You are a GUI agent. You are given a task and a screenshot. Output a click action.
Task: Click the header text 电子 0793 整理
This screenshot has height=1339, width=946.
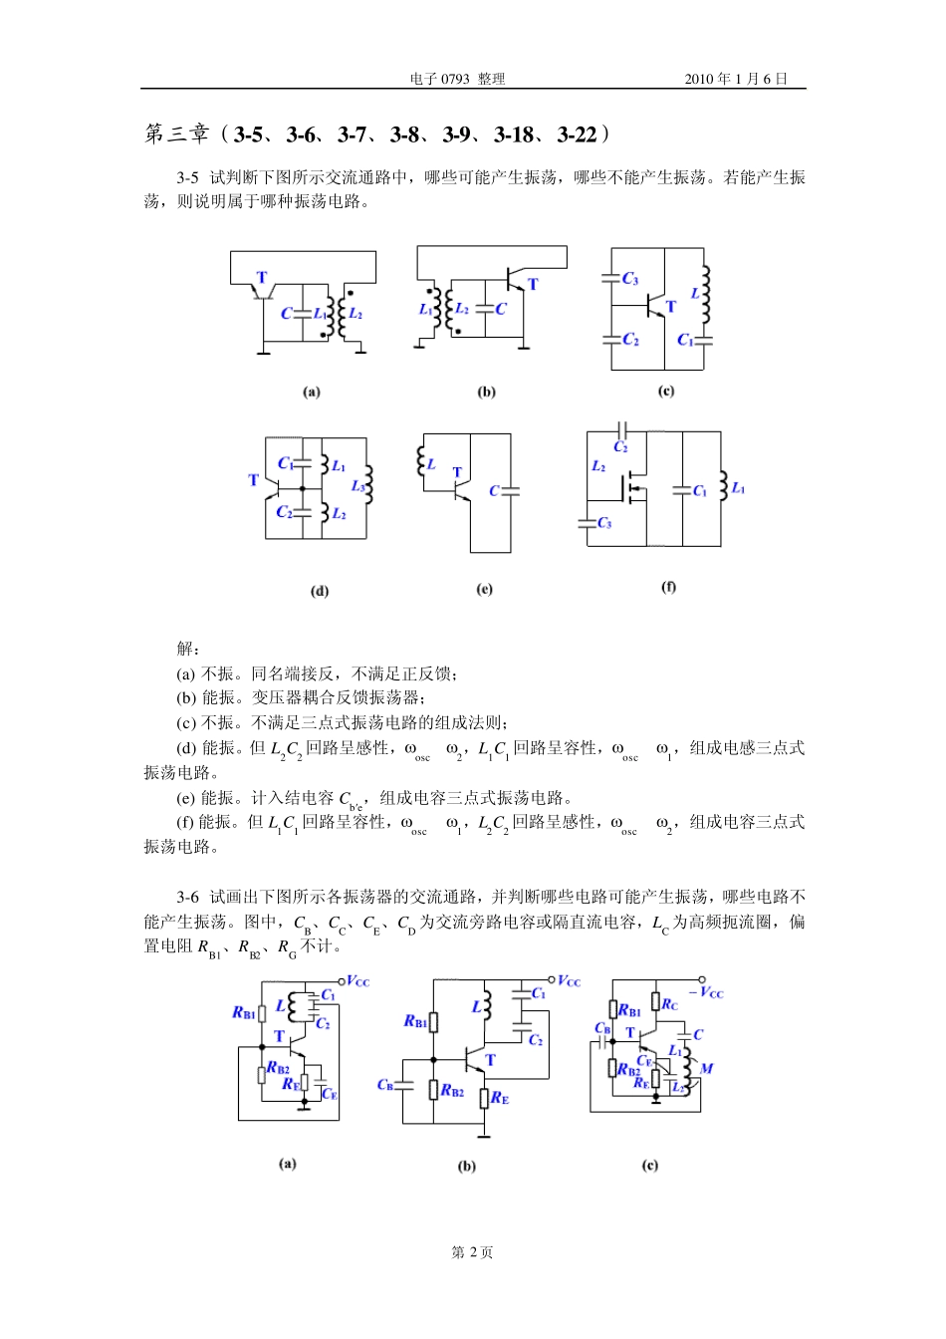click(x=457, y=79)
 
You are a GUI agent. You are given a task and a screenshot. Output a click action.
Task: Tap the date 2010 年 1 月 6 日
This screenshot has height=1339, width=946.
click(x=735, y=79)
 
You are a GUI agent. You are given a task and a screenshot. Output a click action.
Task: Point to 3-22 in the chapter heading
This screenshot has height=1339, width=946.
click(x=577, y=134)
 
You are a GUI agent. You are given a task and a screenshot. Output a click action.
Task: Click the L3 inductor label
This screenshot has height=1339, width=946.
click(x=358, y=486)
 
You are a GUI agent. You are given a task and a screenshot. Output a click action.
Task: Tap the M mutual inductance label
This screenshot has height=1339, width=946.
click(x=706, y=1068)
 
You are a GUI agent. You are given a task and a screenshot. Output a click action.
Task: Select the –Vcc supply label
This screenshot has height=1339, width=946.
click(x=707, y=992)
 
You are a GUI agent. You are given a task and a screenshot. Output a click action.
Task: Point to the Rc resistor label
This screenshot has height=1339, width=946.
click(x=669, y=1004)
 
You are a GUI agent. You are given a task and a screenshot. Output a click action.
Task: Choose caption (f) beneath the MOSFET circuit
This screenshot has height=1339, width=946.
click(x=668, y=587)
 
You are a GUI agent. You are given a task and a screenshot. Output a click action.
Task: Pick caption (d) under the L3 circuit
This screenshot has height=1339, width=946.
click(x=320, y=591)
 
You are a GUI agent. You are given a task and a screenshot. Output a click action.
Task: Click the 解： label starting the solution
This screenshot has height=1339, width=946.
click(x=188, y=649)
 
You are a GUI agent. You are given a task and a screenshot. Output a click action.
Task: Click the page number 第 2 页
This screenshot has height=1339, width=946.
click(x=472, y=1252)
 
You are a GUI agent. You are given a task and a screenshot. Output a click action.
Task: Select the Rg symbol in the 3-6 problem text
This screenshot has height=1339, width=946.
click(x=287, y=947)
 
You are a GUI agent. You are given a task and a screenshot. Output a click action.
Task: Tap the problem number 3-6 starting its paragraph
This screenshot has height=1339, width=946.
click(x=188, y=898)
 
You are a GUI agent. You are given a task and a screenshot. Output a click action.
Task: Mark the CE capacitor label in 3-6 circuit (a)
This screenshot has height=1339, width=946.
click(x=330, y=1094)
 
